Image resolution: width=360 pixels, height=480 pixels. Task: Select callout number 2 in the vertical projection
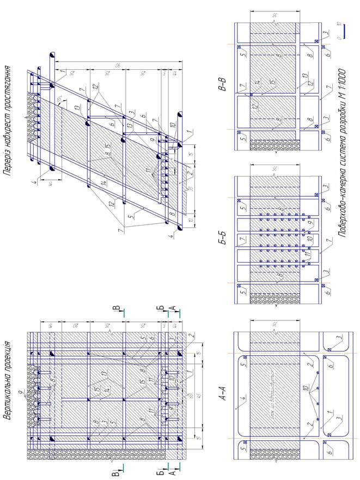click(x=191, y=334)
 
